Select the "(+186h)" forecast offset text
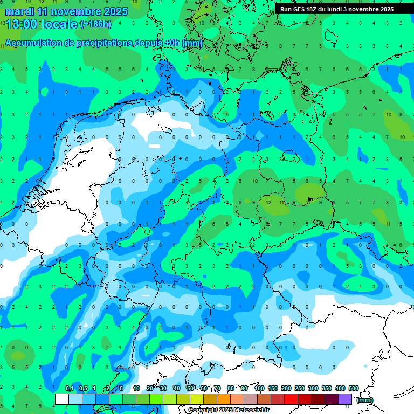95,24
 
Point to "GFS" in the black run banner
299,9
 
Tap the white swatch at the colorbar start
61,399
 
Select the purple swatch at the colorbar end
345,399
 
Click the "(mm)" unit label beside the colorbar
365,400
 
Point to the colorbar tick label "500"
354,389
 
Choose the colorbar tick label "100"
259,389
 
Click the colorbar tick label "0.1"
70,389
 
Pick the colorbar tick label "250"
300,389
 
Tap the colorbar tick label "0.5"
83,389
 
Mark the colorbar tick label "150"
273,389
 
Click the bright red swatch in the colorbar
291,399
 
